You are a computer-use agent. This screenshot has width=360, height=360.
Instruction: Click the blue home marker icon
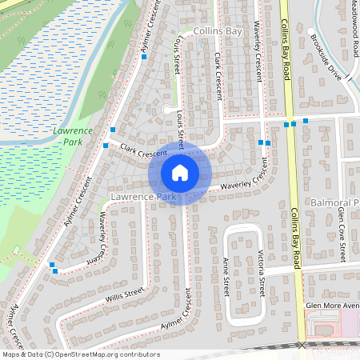click(x=180, y=172)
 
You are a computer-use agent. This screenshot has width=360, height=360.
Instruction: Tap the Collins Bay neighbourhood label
click(x=217, y=30)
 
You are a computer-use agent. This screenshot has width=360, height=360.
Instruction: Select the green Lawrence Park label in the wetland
click(x=73, y=135)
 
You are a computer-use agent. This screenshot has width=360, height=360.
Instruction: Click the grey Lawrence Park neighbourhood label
click(x=143, y=196)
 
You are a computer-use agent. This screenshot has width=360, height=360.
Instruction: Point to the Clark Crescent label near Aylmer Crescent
click(x=142, y=150)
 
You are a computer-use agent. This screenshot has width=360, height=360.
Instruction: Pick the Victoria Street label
click(x=261, y=272)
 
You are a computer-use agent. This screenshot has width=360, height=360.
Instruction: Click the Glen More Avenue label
click(x=332, y=306)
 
